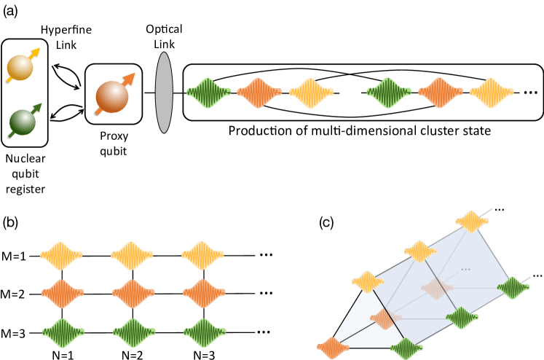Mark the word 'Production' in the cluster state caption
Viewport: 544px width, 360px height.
tap(256, 131)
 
